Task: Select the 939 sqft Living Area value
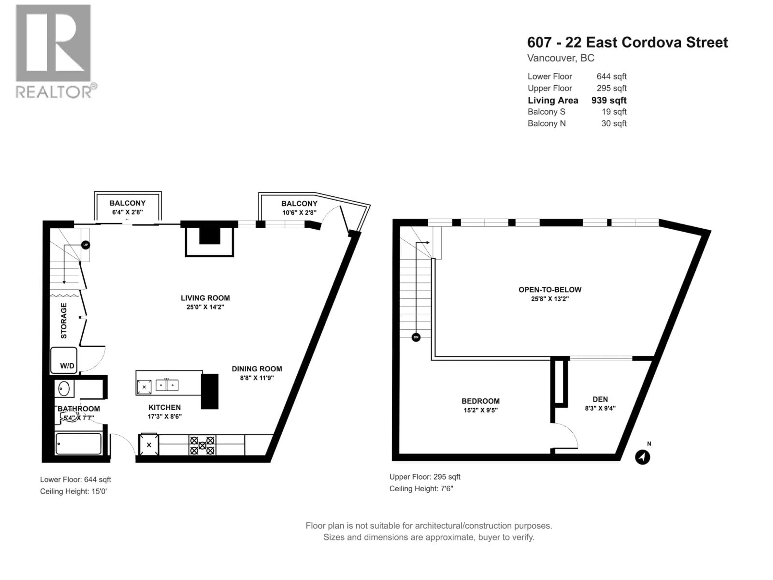click(x=609, y=100)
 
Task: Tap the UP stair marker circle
click(x=86, y=245)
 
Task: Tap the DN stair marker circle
click(x=416, y=337)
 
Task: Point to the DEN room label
click(x=600, y=399)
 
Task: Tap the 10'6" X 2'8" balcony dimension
click(x=300, y=212)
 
